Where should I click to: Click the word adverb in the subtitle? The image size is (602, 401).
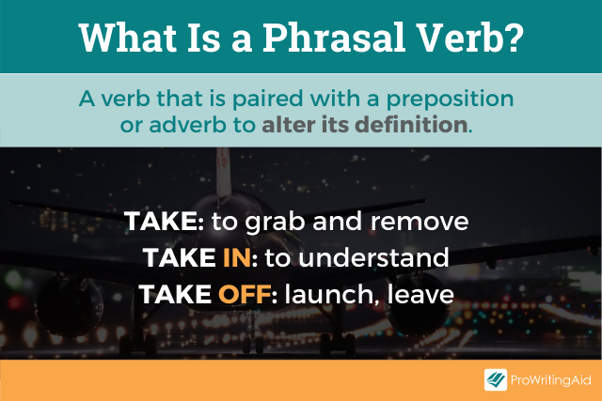point(185,124)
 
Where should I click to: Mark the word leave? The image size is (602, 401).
point(423,294)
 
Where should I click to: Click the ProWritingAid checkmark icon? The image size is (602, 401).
point(497,380)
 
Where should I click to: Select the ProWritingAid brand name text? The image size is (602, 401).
point(551,380)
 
